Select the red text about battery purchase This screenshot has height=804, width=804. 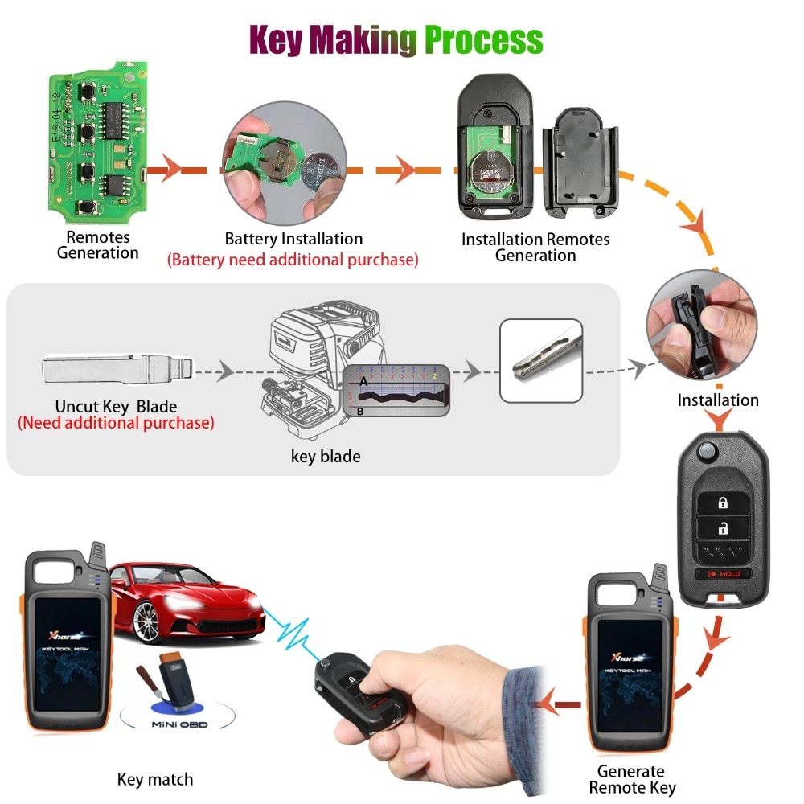[293, 260]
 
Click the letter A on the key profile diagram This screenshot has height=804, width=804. [363, 383]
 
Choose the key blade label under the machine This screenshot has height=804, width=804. [326, 457]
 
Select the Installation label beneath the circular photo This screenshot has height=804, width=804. [717, 400]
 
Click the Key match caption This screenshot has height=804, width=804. [155, 778]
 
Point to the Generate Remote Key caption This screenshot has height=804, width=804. [632, 779]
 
